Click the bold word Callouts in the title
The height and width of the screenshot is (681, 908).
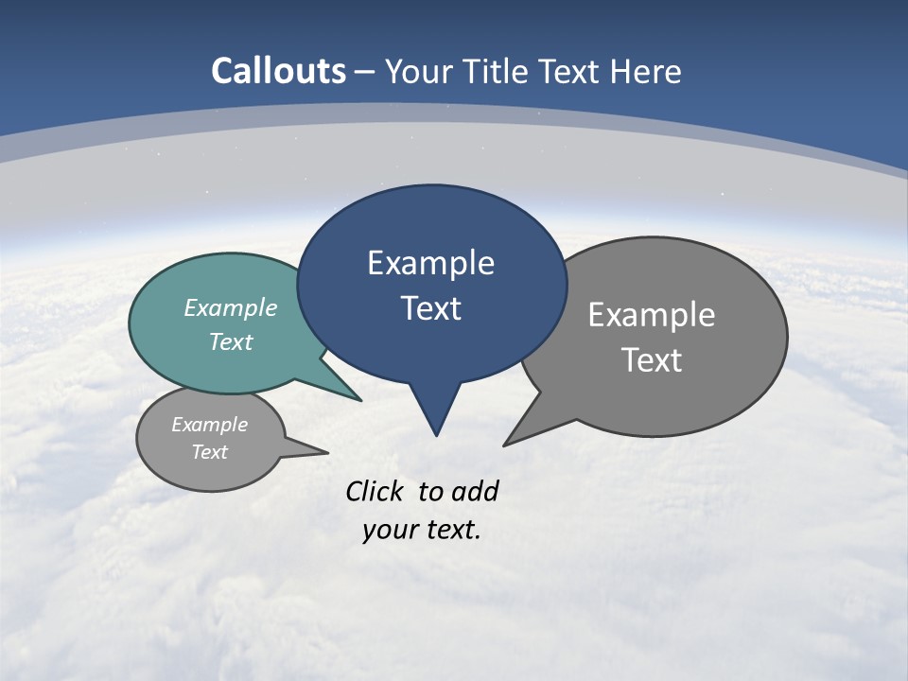coord(278,71)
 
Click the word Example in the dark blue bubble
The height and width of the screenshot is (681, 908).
coord(430,263)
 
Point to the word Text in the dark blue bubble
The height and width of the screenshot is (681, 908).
coord(430,308)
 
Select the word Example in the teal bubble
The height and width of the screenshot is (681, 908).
coord(230,308)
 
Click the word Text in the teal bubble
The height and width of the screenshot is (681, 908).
coord(230,341)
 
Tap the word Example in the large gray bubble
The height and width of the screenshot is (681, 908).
coord(652,315)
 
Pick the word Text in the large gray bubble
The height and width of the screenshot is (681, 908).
coord(652,360)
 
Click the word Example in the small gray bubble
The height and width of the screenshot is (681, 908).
coord(209,425)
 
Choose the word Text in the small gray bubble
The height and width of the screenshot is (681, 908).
coord(209,452)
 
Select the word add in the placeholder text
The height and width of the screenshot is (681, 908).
coord(474,492)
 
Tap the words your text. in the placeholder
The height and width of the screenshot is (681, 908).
coord(422,530)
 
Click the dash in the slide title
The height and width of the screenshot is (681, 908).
coord(364,72)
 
